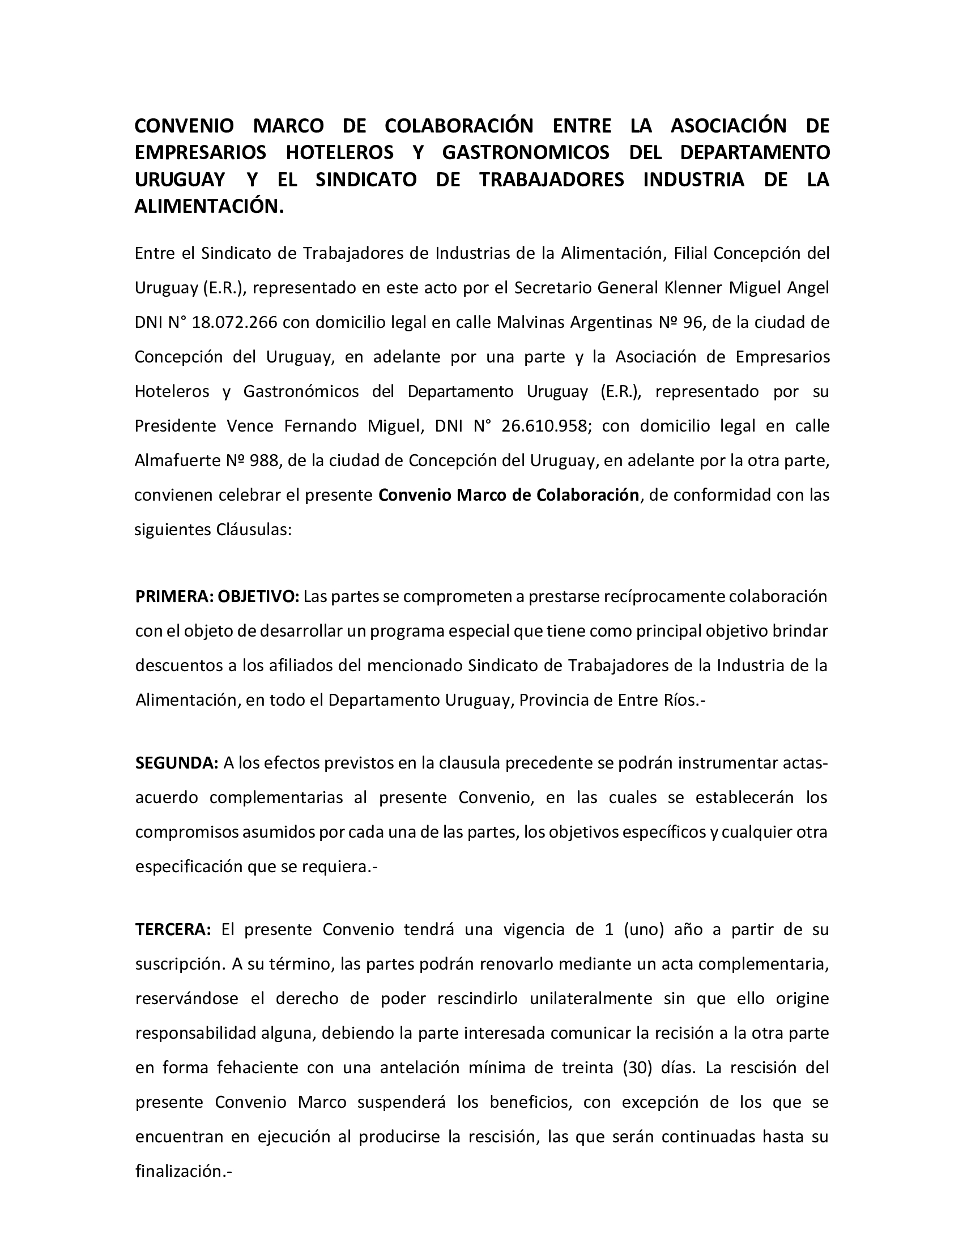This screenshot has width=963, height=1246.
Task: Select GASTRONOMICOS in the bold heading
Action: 526,152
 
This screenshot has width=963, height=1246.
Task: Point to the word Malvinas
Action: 523,322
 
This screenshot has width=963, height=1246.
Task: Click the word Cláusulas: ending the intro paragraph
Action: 254,530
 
